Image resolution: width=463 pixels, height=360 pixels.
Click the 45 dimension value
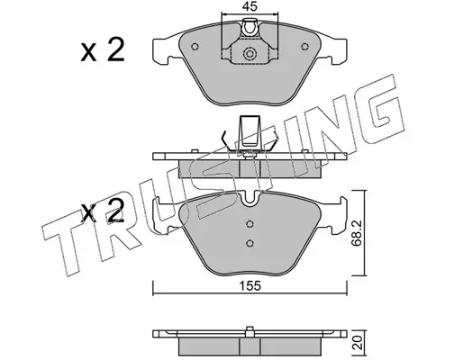click(x=250, y=6)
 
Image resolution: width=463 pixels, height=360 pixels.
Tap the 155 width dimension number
click(x=250, y=286)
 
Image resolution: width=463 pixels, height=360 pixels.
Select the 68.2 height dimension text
click(x=357, y=232)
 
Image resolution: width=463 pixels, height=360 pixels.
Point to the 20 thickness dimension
click(x=358, y=342)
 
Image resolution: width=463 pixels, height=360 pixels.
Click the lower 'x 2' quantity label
click(x=103, y=211)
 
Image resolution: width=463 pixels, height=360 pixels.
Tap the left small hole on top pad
click(x=195, y=47)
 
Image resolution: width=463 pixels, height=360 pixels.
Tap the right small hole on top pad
click(x=304, y=47)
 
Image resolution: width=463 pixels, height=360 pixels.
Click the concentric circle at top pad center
click(x=250, y=54)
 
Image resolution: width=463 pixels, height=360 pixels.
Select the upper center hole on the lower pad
click(x=250, y=224)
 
